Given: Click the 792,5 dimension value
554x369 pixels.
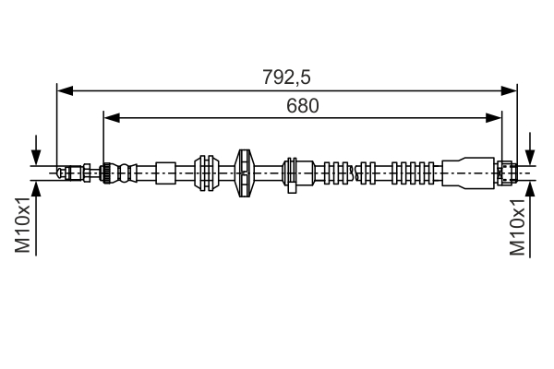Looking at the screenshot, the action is [x=286, y=77].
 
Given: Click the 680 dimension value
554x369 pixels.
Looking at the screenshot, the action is [x=303, y=105].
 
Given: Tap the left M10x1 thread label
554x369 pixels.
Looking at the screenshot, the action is [x=22, y=225].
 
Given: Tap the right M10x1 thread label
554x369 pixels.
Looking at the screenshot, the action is [x=517, y=227].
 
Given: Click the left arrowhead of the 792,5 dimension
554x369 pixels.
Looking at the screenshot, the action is [x=65, y=90].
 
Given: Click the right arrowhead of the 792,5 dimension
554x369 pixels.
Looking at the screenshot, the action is [x=509, y=90].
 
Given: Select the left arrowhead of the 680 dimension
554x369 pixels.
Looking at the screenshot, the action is [x=112, y=118].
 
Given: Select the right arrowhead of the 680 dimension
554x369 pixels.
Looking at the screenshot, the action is [x=494, y=118].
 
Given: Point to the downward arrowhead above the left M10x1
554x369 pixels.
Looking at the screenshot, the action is [x=36, y=157].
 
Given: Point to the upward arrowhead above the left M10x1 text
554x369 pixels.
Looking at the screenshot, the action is [x=36, y=188].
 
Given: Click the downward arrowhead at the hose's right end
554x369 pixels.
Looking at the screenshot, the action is [x=530, y=157].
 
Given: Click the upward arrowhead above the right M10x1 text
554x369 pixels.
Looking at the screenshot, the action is [x=530, y=188].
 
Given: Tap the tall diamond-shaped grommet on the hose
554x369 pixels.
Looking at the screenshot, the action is [x=245, y=173].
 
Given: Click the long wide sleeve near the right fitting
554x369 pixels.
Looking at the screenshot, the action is [x=468, y=173].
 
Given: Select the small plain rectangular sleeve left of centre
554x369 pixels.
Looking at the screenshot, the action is [x=165, y=173].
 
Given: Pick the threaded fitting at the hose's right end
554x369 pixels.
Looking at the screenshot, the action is [x=507, y=173].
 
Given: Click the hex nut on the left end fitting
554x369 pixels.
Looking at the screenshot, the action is [x=87, y=173].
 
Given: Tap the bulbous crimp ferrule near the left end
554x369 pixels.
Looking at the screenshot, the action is [x=118, y=173].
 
